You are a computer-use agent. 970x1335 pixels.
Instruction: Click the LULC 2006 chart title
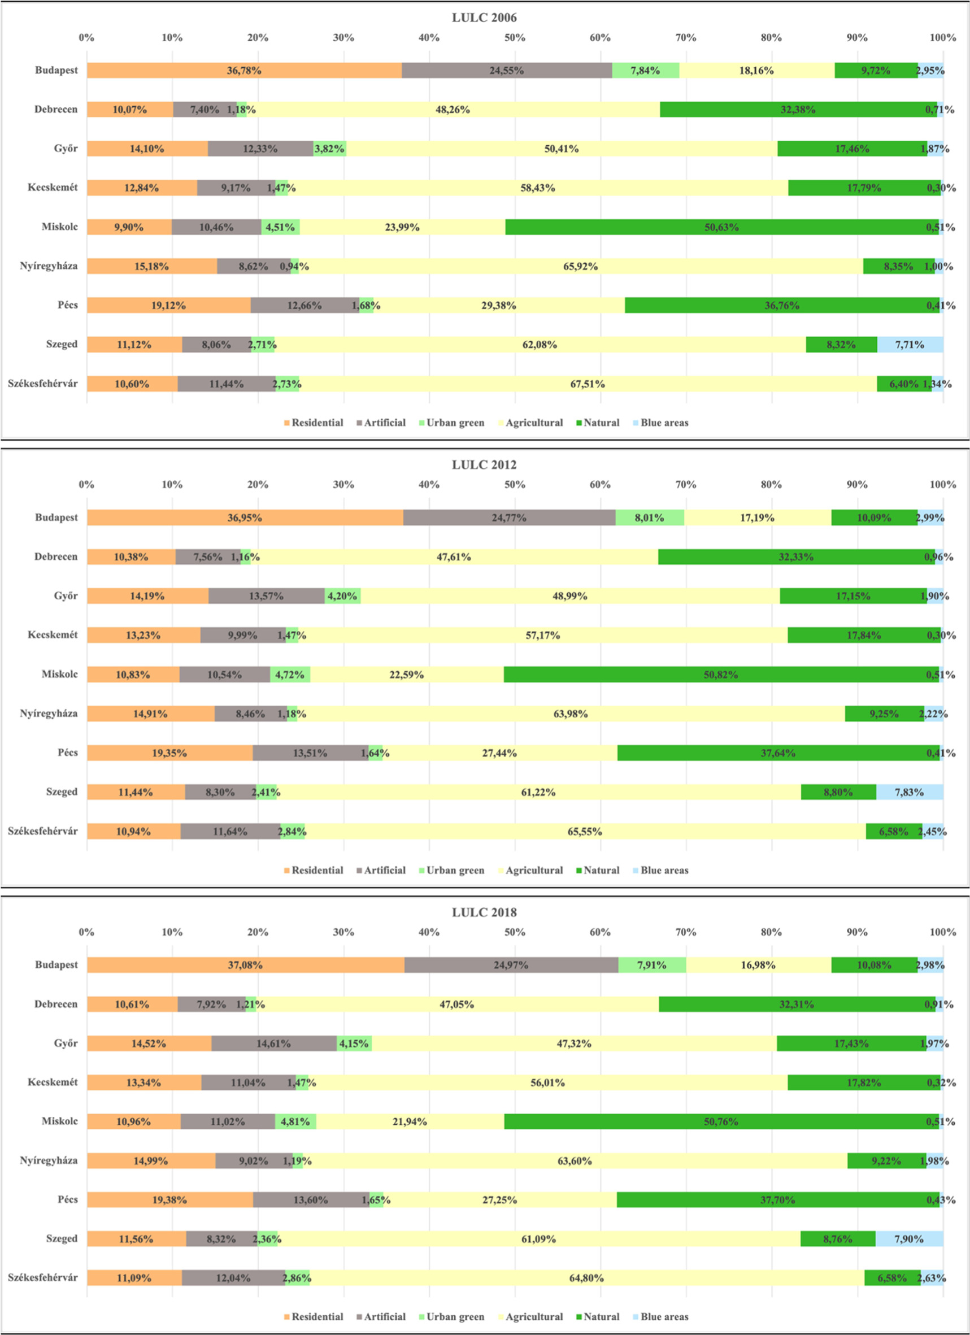484,18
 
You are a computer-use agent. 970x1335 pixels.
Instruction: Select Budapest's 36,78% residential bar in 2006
244,71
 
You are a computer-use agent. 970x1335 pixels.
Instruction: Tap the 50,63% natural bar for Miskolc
721,227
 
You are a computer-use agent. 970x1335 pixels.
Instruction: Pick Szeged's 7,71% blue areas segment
910,345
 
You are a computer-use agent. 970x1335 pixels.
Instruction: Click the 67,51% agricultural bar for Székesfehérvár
588,384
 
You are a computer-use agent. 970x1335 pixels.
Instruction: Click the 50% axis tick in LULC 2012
515,484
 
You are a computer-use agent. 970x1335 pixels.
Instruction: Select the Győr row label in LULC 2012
66,595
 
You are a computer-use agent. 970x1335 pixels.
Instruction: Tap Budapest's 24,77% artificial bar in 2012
509,518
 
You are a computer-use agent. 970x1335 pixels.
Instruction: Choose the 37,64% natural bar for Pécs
778,753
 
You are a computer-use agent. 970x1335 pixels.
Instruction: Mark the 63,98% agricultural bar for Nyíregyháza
571,714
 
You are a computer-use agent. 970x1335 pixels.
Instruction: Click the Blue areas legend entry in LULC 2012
664,870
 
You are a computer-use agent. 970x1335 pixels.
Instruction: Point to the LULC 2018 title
484,912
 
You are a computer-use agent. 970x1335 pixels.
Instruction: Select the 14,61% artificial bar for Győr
273,1043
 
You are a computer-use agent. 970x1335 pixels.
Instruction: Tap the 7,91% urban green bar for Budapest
651,966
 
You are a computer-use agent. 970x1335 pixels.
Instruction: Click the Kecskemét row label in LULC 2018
53,1082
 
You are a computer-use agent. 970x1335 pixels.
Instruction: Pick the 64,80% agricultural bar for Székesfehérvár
586,1278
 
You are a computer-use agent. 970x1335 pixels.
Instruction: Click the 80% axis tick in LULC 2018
771,932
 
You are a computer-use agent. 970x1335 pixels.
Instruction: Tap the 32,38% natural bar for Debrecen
798,110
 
